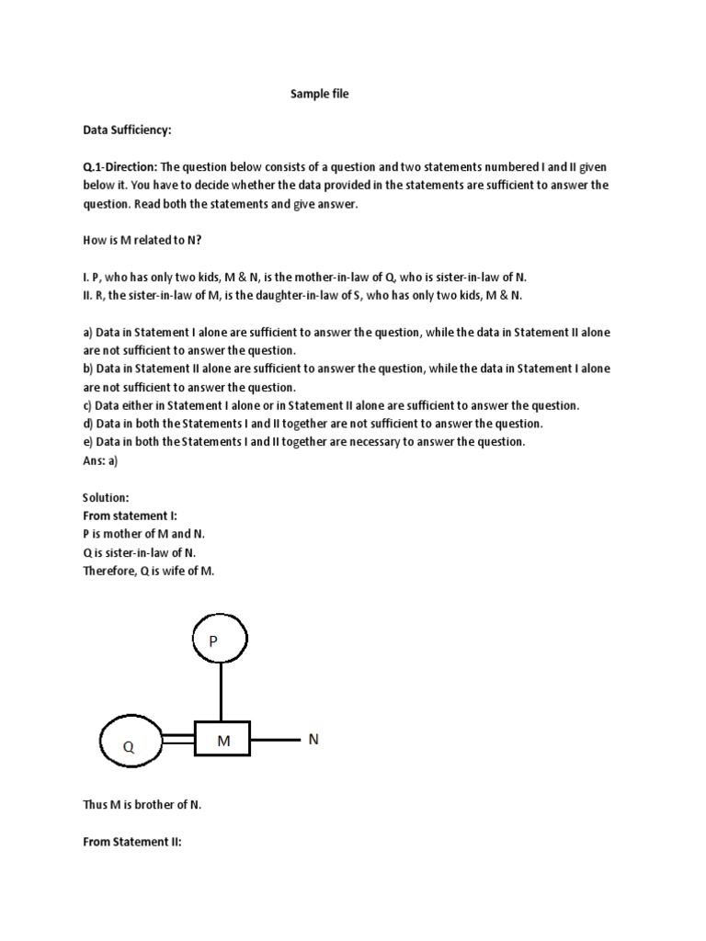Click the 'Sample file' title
pyautogui.click(x=320, y=94)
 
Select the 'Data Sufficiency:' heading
pyautogui.click(x=128, y=130)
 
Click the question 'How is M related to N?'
pyautogui.click(x=141, y=241)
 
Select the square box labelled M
pyautogui.click(x=222, y=739)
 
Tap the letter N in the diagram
pyautogui.click(x=313, y=739)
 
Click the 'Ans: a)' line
pyautogui.click(x=101, y=460)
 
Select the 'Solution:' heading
pyautogui.click(x=106, y=497)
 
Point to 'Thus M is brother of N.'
pyautogui.click(x=142, y=804)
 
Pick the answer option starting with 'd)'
pyautogui.click(x=313, y=424)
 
